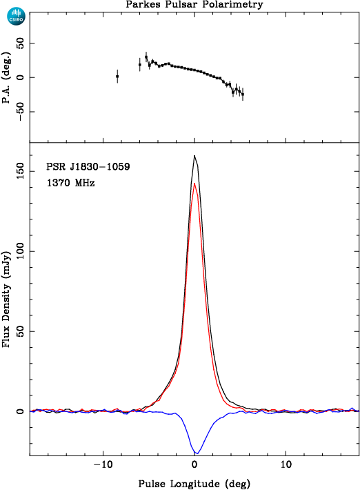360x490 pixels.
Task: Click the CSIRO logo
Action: coord(17,17)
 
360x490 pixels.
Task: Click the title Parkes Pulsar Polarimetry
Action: coord(194,5)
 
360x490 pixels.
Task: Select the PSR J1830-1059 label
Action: coord(88,166)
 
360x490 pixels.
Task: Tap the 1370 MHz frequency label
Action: coord(70,182)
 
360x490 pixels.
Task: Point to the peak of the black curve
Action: coord(194,155)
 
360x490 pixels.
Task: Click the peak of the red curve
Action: coord(194,184)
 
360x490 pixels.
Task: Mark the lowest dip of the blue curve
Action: coord(197,453)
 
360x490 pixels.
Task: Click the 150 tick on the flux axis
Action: coord(20,172)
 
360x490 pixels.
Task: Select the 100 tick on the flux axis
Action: coord(20,251)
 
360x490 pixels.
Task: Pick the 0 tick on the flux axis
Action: coord(20,411)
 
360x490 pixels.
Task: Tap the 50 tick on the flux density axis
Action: coord(20,331)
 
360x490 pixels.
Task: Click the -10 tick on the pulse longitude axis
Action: coord(103,464)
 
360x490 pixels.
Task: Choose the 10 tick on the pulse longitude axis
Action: coord(286,464)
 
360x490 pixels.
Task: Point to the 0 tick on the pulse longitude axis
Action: coord(194,464)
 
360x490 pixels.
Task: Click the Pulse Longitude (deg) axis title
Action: coord(194,484)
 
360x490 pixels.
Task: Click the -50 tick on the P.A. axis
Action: coord(20,112)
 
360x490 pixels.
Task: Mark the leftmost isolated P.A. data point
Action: coord(117,76)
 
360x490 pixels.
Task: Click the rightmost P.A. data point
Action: coord(243,94)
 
